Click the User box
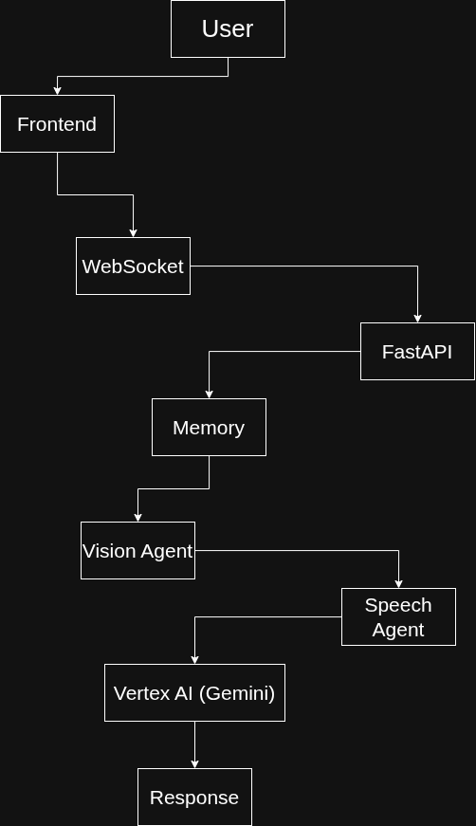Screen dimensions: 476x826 click(228, 29)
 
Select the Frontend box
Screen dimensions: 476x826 click(58, 124)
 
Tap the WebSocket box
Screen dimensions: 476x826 click(133, 266)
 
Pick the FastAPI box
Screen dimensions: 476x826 click(417, 352)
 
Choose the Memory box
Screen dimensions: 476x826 click(209, 427)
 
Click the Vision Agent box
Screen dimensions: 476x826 click(137, 550)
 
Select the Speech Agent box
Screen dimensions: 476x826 click(398, 616)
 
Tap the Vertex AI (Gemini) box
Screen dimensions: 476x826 click(194, 692)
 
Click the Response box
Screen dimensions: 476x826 click(194, 797)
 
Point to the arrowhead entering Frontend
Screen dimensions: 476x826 click(58, 91)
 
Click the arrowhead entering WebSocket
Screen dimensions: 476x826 click(133, 233)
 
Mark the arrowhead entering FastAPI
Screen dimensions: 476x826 click(417, 319)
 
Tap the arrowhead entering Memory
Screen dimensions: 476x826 click(209, 395)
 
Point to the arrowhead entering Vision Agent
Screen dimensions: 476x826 click(137, 518)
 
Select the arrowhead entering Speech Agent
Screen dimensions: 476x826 click(398, 584)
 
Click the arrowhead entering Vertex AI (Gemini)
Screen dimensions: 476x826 click(194, 660)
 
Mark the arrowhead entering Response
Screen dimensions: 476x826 click(194, 764)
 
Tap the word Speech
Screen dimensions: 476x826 click(398, 606)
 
